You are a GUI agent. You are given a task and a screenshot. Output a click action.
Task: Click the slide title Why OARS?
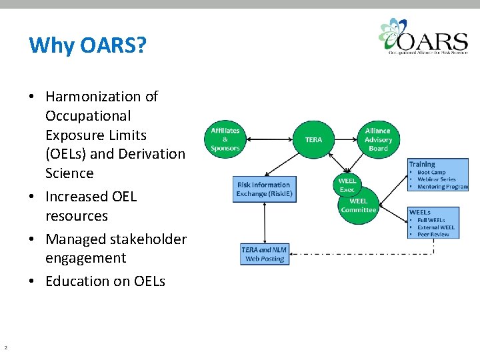click(88, 46)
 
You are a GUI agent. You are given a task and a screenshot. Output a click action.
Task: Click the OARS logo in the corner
click(422, 37)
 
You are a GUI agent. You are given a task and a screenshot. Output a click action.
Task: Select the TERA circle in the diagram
click(313, 139)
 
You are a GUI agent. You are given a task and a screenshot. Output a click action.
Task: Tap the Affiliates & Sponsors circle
click(225, 139)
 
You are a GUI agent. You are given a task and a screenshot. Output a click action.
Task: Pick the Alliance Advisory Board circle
click(378, 139)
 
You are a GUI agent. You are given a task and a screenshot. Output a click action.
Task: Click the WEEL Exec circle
click(347, 185)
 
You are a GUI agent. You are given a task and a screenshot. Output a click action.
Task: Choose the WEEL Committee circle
click(359, 205)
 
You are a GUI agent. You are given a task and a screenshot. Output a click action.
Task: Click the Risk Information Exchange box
click(265, 189)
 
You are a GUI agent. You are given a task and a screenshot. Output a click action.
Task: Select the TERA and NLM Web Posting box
click(265, 254)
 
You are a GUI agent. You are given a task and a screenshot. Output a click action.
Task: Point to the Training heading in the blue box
click(422, 164)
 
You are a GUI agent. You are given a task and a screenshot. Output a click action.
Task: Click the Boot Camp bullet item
click(431, 172)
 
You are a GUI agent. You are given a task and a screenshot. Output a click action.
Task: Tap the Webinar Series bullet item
click(437, 179)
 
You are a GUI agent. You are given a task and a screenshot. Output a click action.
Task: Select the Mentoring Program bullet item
click(443, 187)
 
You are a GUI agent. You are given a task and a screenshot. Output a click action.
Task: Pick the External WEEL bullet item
click(436, 227)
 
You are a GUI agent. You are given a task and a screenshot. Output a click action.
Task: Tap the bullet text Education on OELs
click(105, 281)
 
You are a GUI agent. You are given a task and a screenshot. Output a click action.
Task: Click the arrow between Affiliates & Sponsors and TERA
click(269, 139)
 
